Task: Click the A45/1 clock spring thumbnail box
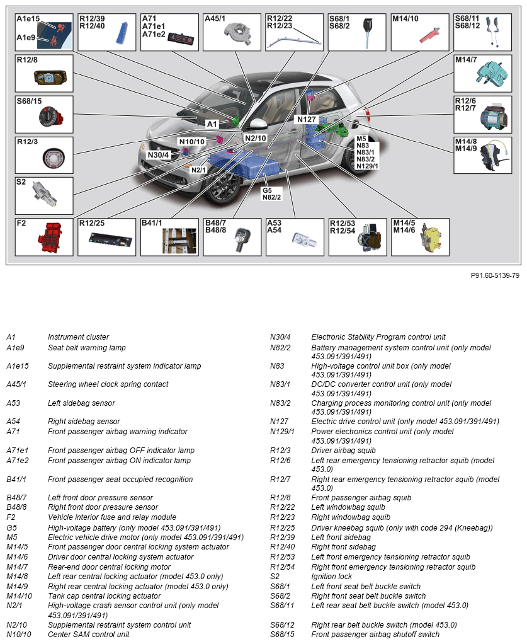(x=232, y=32)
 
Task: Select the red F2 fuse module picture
(x=52, y=240)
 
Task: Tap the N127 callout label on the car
(x=306, y=118)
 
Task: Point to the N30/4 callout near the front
(x=159, y=155)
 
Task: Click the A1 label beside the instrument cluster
(x=212, y=124)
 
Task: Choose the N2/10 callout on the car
(x=256, y=138)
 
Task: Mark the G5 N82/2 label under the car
(x=272, y=193)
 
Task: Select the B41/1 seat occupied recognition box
(x=169, y=237)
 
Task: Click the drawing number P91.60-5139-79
(x=495, y=275)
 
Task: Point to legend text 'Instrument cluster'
(x=78, y=337)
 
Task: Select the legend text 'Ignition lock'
(x=331, y=577)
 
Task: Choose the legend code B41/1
(x=16, y=480)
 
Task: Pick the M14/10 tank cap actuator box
(x=419, y=32)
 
